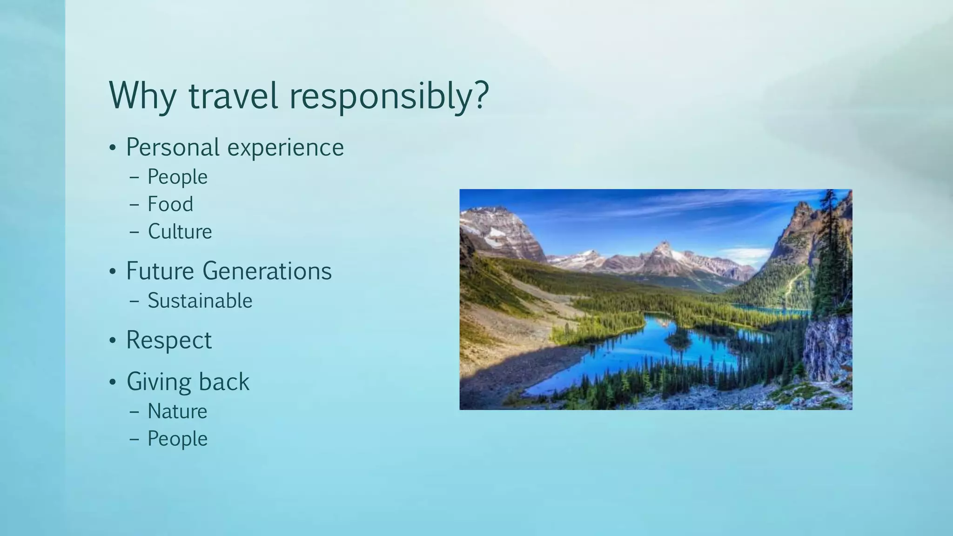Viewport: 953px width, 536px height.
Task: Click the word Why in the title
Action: coord(142,96)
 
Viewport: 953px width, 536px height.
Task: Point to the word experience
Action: coord(286,148)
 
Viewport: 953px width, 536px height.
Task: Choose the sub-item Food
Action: coord(170,204)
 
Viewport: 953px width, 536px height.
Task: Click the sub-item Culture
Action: coord(180,232)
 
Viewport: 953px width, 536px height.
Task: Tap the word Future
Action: coord(159,271)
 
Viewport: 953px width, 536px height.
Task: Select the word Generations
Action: coord(267,271)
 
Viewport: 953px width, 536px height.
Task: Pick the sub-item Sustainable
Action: coord(200,301)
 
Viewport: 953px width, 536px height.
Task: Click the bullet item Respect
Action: coord(169,340)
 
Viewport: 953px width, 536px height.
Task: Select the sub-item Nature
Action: coord(177,411)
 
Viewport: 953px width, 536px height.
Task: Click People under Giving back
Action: coord(177,439)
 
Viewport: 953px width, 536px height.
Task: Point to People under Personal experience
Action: coord(177,177)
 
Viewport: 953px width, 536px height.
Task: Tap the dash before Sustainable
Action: coord(134,301)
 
